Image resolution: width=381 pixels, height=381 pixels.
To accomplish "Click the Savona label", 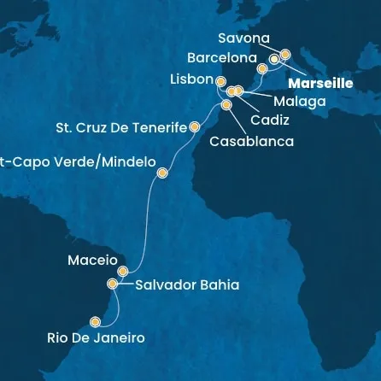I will pos(243,39).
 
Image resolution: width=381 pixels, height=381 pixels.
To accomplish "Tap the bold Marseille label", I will pos(320,84).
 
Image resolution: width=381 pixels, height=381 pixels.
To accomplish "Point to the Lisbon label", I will pos(191,79).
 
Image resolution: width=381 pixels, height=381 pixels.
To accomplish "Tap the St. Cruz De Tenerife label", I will pos(120,128).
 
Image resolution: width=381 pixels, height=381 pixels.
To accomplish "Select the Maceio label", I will pos(91,259).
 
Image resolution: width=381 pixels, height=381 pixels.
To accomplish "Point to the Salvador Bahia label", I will pos(182,284).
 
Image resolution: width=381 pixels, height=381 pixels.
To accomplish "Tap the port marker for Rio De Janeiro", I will pos(94,322).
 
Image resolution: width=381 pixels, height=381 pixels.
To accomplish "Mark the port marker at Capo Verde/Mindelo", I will pos(162,173).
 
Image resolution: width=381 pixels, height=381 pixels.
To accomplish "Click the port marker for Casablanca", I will pos(226,105).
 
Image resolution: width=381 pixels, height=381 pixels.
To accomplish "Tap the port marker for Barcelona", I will pos(262,67).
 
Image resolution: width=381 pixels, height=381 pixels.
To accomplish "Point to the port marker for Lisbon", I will pos(220,82).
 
